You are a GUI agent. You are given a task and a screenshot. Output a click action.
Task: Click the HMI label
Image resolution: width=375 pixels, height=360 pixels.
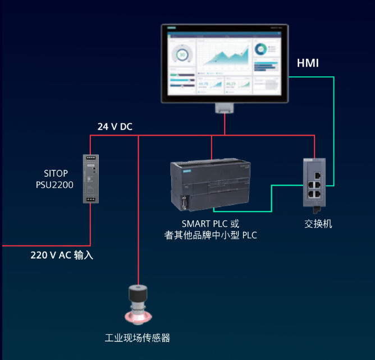(x=308, y=63)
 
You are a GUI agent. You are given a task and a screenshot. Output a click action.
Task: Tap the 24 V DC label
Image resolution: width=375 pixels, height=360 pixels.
(x=115, y=127)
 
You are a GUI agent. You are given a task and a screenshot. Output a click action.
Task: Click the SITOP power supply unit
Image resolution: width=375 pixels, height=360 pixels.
(x=90, y=178)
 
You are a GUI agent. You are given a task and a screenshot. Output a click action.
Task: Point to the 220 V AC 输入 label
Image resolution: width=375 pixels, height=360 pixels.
(x=62, y=255)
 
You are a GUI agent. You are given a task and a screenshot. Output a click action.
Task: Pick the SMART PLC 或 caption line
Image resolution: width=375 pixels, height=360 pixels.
(x=211, y=223)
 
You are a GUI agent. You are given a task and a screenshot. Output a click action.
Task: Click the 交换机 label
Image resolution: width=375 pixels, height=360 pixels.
(x=318, y=224)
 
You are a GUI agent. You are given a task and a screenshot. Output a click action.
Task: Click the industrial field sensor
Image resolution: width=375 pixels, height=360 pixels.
(x=138, y=306)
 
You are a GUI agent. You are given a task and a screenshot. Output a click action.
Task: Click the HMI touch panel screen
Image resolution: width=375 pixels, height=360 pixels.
(x=224, y=63)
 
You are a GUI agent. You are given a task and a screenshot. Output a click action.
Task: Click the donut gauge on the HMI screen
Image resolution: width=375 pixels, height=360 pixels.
(x=181, y=54)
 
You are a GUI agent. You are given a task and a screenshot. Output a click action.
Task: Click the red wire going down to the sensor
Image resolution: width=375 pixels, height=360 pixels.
(x=138, y=224)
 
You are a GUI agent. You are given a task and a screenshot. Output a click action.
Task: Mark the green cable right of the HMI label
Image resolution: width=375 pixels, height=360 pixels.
(x=335, y=129)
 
